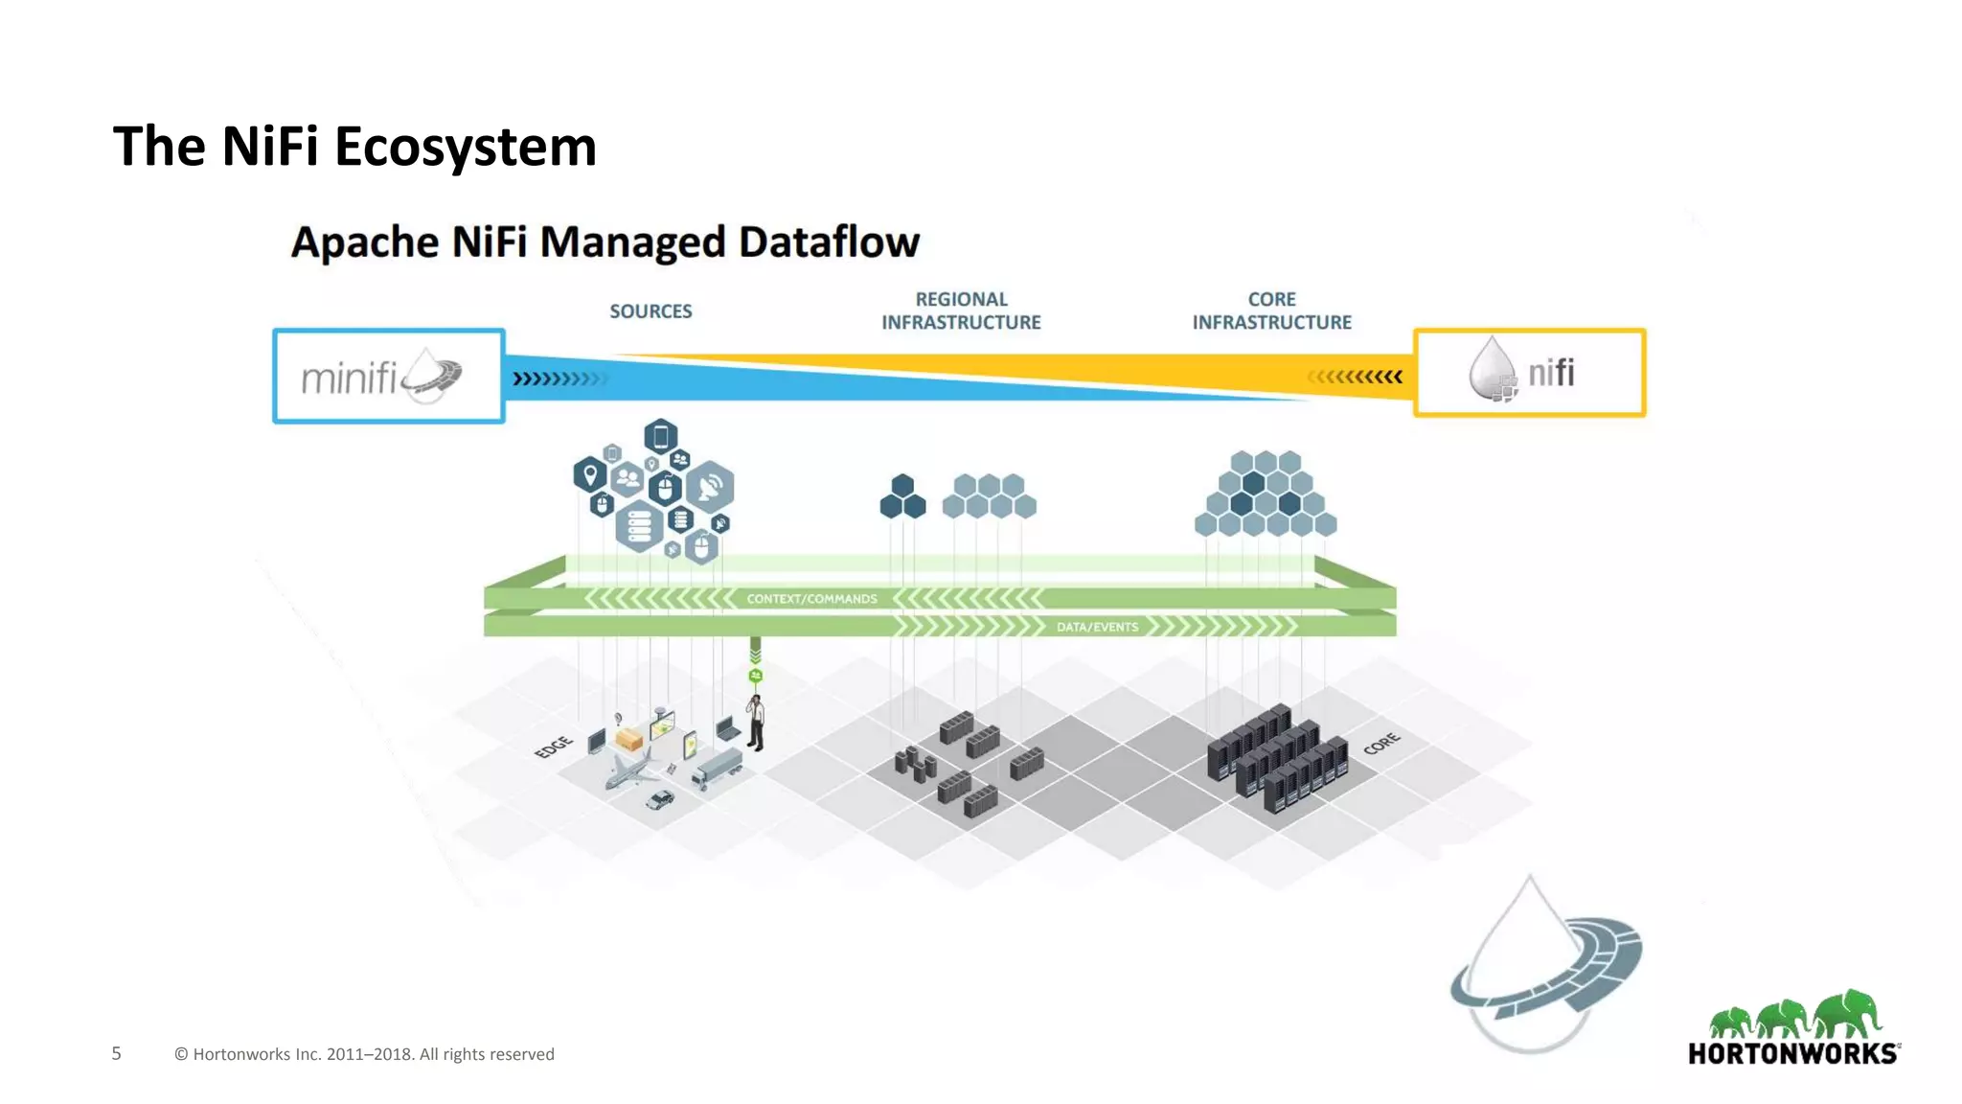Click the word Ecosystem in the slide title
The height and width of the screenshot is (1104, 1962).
465,147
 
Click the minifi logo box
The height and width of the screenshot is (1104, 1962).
389,376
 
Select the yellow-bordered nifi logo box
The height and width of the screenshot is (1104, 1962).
1529,373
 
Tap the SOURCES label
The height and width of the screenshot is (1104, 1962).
650,311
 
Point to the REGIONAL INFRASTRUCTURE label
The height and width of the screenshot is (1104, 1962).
961,310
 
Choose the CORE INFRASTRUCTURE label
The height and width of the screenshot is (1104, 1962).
1271,310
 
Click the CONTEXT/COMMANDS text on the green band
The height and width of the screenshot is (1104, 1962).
811,599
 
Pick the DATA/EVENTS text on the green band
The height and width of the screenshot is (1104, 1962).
1097,627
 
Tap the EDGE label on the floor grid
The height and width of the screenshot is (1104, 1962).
554,747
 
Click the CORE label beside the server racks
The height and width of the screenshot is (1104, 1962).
1381,743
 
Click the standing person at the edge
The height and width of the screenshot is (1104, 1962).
756,724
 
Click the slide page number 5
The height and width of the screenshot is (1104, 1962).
117,1053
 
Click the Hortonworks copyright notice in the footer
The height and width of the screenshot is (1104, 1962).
364,1054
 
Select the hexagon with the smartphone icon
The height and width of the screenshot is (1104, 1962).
661,437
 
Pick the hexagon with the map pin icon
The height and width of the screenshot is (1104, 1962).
590,473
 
